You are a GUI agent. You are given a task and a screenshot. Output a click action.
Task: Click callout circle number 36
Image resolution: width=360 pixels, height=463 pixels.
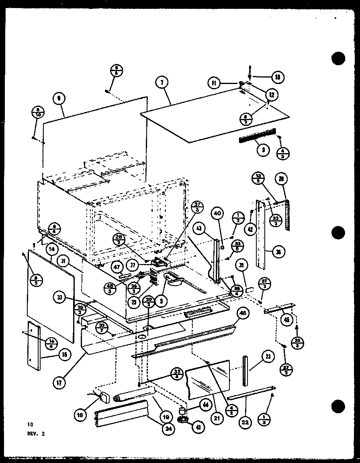[277, 253]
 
